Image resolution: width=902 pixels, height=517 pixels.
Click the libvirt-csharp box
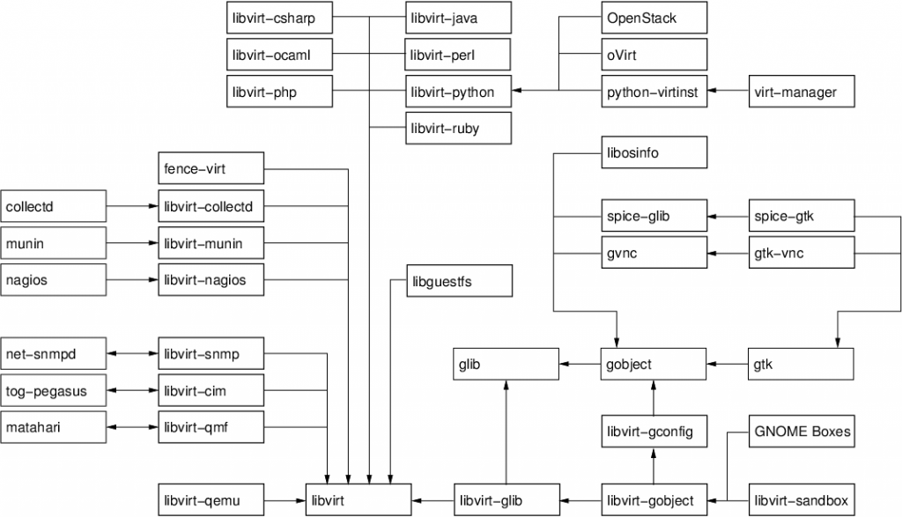278,18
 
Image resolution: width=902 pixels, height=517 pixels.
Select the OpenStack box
654,18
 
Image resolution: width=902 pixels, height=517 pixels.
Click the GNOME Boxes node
801,432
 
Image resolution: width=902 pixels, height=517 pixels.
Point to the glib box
506,364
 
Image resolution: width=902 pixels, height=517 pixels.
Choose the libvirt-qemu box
211,500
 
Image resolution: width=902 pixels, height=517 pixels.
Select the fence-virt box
211,167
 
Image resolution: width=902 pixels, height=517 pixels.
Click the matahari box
53,427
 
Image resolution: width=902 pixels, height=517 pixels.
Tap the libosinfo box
654,153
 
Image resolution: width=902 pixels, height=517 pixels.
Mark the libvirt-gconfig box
654,432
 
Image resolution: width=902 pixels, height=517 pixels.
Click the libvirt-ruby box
458,129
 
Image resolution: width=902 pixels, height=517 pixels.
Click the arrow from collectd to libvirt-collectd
132,207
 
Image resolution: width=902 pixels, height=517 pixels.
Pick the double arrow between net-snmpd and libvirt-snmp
132,354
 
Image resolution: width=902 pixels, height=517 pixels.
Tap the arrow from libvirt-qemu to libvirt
284,500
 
